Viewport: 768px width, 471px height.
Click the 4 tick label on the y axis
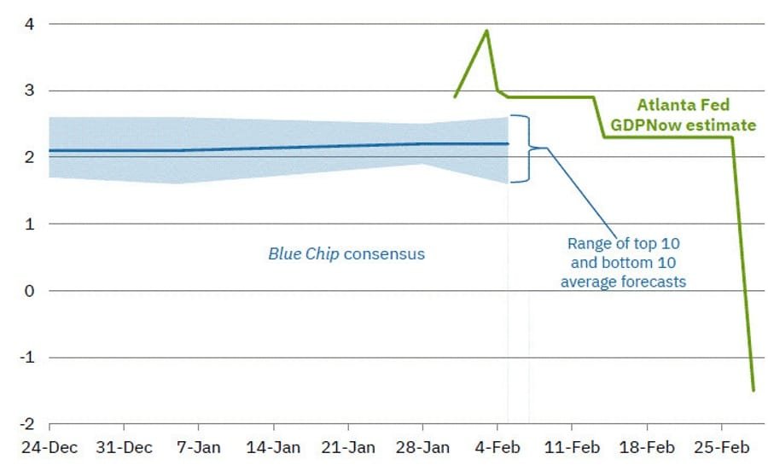point(30,24)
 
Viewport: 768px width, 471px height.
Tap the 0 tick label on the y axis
point(30,291)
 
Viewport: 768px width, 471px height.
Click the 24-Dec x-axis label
point(49,446)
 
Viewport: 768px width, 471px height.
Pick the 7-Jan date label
point(199,446)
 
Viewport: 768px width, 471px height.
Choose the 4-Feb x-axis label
point(497,446)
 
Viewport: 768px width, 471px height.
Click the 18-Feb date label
point(647,446)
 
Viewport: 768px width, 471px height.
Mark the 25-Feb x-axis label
point(721,446)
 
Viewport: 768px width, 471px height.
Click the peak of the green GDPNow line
point(487,31)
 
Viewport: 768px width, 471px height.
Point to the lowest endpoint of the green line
point(753,390)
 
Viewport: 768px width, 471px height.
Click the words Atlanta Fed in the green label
point(684,106)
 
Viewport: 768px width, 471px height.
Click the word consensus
point(384,253)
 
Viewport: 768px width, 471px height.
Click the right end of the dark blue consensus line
point(508,143)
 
